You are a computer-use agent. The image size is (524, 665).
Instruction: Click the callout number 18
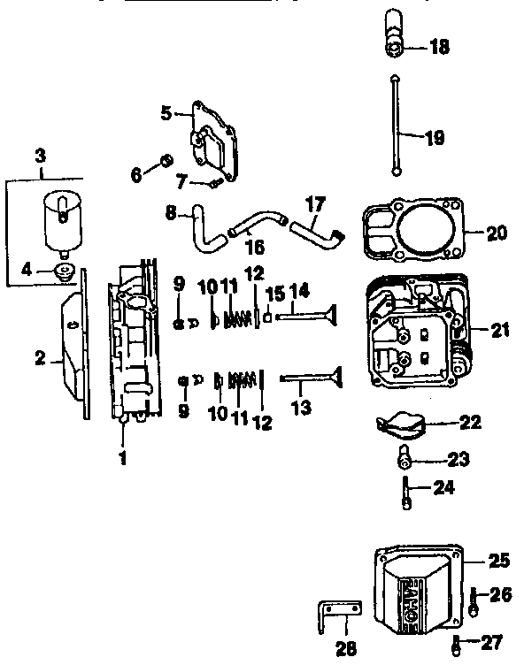[x=438, y=47]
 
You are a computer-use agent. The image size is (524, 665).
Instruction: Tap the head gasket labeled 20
[x=412, y=233]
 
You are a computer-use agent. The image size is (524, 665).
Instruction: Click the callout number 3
[x=40, y=156]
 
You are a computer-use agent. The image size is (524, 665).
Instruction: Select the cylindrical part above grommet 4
[x=60, y=218]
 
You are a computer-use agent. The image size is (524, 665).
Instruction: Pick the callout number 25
[x=499, y=561]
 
